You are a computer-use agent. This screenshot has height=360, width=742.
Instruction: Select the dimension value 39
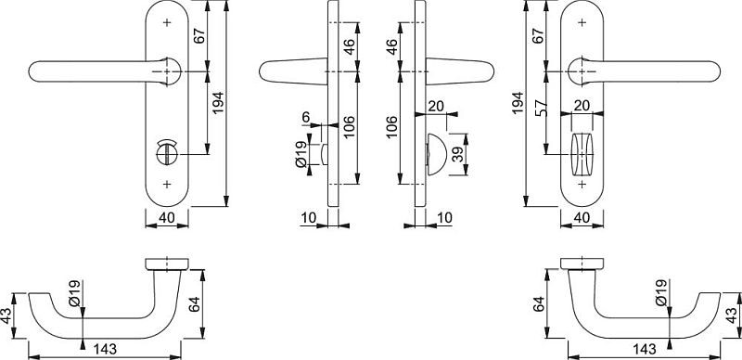458,154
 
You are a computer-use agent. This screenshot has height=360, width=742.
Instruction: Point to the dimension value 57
542,108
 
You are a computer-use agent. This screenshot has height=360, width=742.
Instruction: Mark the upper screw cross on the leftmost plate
167,22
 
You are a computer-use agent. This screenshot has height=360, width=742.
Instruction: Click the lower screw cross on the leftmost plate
167,184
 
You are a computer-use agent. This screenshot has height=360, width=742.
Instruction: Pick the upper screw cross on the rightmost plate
582,22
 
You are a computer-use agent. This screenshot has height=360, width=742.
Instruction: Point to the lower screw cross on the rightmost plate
582,184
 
